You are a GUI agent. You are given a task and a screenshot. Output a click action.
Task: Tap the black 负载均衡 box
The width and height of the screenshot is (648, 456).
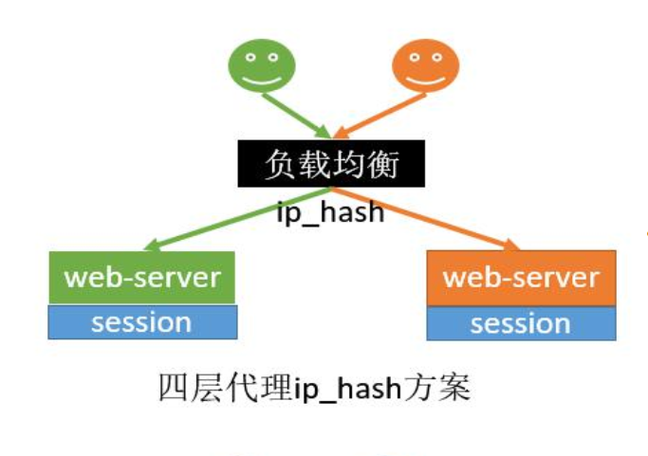pyautogui.click(x=330, y=166)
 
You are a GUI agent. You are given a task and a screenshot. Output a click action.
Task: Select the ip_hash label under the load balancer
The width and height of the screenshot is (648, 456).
pyautogui.click(x=330, y=211)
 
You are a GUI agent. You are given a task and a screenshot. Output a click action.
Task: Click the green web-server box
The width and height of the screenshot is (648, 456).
pyautogui.click(x=142, y=278)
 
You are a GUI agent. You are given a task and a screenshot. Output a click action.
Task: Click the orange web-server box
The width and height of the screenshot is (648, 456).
pyautogui.click(x=521, y=278)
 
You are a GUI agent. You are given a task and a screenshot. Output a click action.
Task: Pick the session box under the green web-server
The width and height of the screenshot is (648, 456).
pyautogui.click(x=142, y=323)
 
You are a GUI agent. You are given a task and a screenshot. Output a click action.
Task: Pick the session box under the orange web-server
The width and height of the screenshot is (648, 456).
pyautogui.click(x=521, y=324)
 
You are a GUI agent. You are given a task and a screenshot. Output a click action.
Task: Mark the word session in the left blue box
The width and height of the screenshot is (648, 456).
pyautogui.click(x=142, y=323)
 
